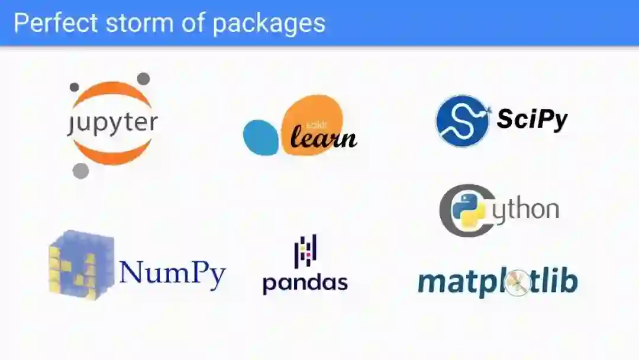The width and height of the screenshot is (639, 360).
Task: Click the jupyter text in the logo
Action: click(x=112, y=123)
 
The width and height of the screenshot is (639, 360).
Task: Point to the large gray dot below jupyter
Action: click(x=80, y=171)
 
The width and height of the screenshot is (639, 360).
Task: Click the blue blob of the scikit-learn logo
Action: click(x=260, y=137)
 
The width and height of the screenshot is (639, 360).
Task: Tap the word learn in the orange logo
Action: click(x=323, y=137)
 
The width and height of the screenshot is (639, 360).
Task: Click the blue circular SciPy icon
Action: click(x=462, y=121)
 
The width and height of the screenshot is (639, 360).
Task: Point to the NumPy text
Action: click(x=172, y=272)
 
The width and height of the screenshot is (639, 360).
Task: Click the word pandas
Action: click(x=305, y=282)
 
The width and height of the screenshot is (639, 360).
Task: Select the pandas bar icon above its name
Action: click(x=305, y=249)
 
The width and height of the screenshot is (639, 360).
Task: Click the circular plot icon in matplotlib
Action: click(x=517, y=283)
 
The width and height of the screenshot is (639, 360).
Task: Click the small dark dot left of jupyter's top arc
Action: click(x=74, y=88)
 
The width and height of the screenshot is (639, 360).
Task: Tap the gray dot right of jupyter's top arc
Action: click(x=143, y=79)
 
